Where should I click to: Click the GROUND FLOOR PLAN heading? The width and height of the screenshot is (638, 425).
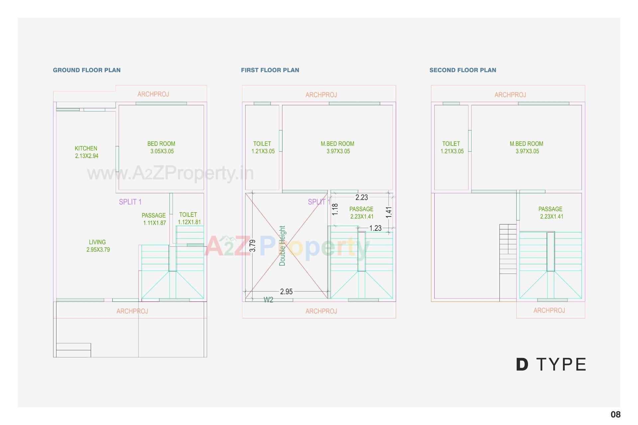tap(87, 70)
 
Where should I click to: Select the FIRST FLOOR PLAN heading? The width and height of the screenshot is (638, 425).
tap(270, 70)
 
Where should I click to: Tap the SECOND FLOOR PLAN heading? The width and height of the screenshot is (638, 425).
tap(463, 70)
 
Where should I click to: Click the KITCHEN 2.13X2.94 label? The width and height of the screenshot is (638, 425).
tap(86, 152)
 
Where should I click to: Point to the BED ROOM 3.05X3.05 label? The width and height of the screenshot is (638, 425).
tap(161, 147)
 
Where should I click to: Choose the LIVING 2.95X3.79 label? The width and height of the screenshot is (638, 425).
tap(98, 246)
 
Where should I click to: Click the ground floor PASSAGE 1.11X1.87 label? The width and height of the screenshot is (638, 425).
tap(154, 219)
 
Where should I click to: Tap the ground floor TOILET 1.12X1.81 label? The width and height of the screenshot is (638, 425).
tap(189, 218)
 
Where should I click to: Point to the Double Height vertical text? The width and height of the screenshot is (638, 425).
tap(282, 246)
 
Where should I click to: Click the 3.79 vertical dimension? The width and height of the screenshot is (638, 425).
tap(253, 246)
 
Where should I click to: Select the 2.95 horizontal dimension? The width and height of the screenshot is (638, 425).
tap(286, 292)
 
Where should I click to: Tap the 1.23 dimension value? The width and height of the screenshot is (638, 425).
tap(375, 228)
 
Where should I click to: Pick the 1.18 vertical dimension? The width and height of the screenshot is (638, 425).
tap(335, 209)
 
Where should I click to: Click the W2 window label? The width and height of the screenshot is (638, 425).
tap(268, 300)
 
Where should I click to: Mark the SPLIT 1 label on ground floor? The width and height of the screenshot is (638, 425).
tap(130, 202)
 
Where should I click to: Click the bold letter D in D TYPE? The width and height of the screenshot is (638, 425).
tap(522, 365)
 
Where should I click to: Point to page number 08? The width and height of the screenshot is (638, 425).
tap(616, 414)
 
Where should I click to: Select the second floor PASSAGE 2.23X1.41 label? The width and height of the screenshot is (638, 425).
tap(551, 213)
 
